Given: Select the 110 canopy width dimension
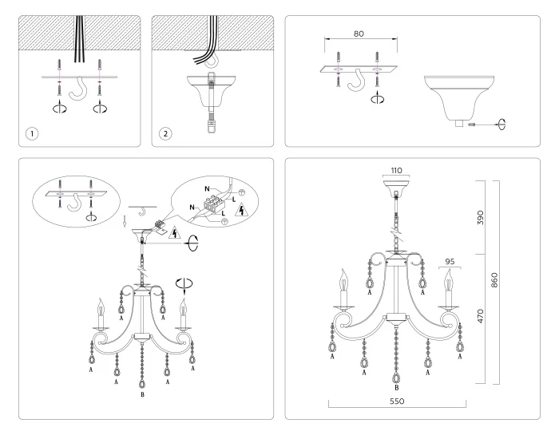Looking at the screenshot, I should [x=396, y=171].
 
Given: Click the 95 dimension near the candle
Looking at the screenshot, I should [x=451, y=260].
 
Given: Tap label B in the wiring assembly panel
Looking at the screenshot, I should [x=141, y=395].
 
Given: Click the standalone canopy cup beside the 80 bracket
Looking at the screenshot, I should [x=456, y=97].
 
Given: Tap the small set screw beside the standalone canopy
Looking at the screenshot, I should [x=474, y=125].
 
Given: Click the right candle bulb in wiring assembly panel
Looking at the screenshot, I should [x=183, y=306].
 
